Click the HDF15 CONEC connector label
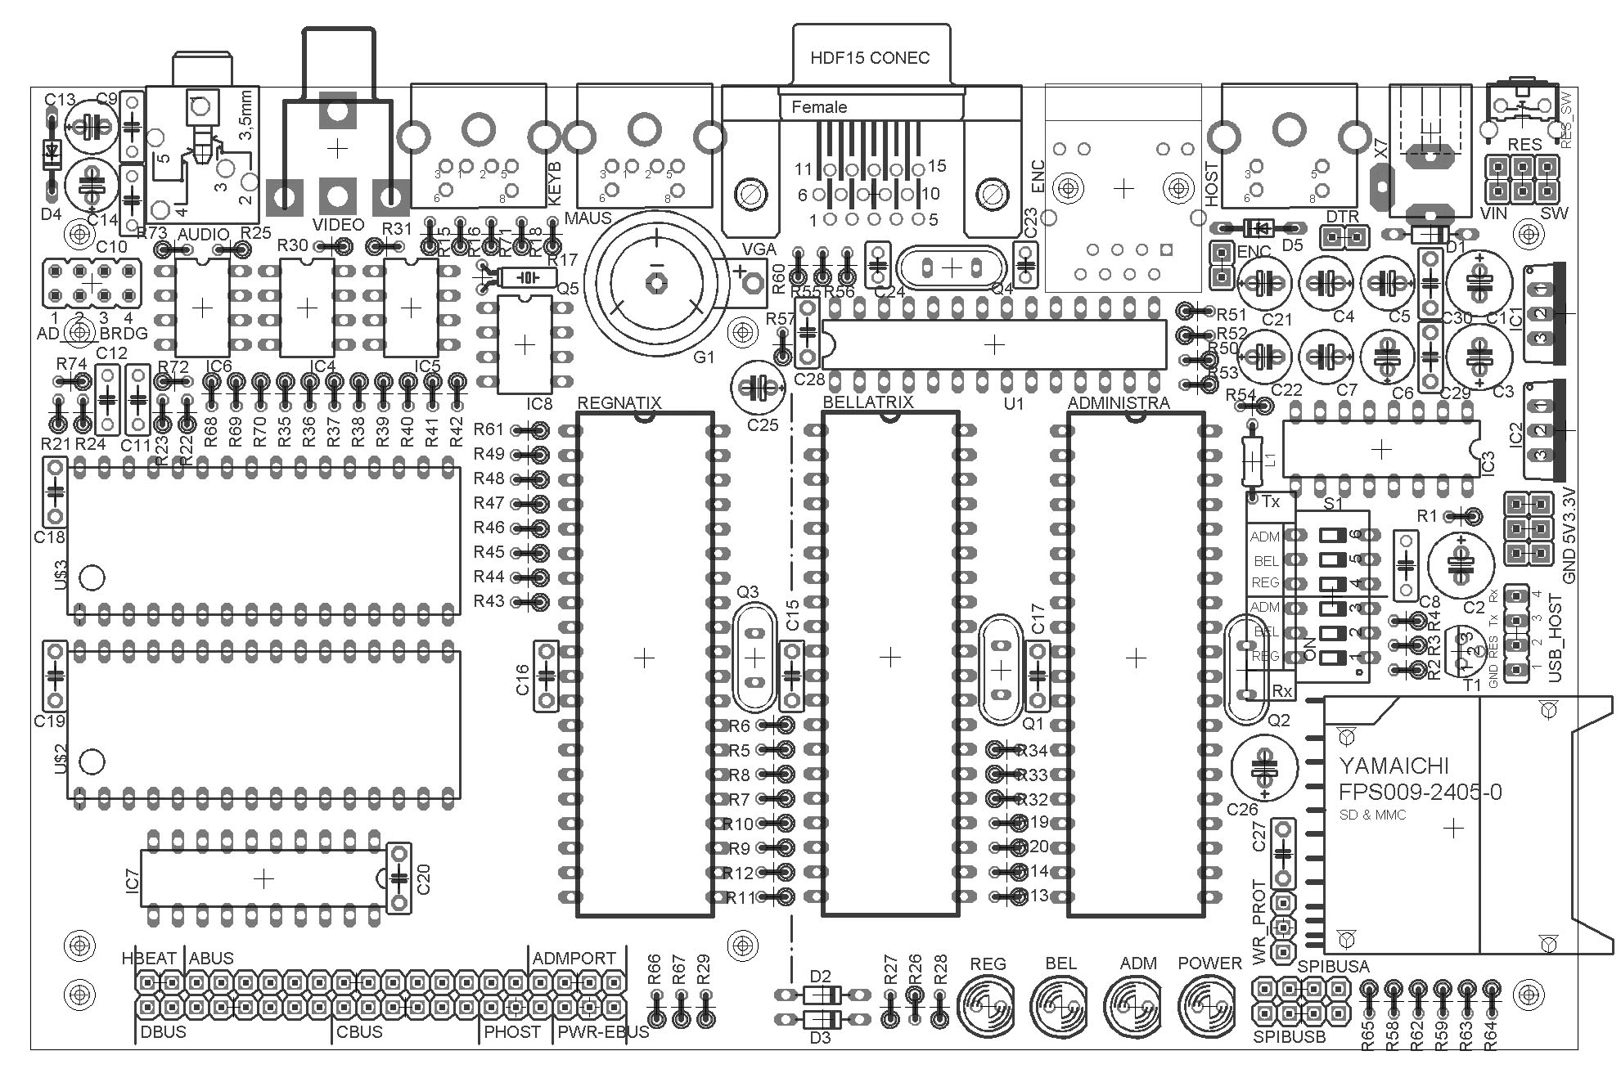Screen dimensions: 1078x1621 tap(869, 58)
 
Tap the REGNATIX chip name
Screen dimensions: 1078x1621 tap(619, 402)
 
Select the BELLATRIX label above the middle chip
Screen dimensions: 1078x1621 tap(867, 402)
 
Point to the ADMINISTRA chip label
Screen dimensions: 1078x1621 tap(1118, 402)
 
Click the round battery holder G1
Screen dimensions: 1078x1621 tap(656, 282)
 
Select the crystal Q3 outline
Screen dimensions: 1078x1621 tap(754, 658)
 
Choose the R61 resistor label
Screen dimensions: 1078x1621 tap(489, 429)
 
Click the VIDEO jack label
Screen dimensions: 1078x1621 tap(338, 224)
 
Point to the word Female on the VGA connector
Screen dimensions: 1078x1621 tap(819, 107)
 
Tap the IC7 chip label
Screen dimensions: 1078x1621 tap(133, 879)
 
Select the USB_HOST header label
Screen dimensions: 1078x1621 tap(1556, 638)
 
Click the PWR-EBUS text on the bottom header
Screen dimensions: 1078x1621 tap(603, 1031)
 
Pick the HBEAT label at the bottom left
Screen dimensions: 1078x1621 tap(149, 958)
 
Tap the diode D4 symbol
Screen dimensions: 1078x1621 tap(52, 151)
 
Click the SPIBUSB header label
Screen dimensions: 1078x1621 tap(1289, 1037)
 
